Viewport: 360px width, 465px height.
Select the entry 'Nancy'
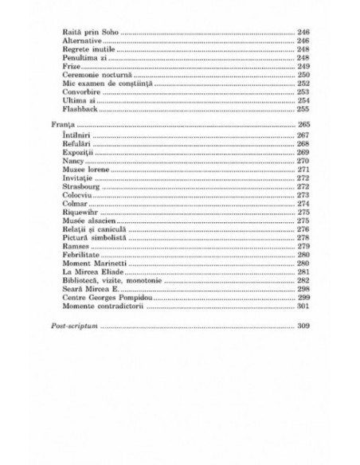pyautogui.click(x=72, y=161)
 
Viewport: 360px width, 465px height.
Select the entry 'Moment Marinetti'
pyautogui.click(x=90, y=264)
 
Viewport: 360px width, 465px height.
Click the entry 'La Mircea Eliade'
pyautogui.click(x=89, y=273)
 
